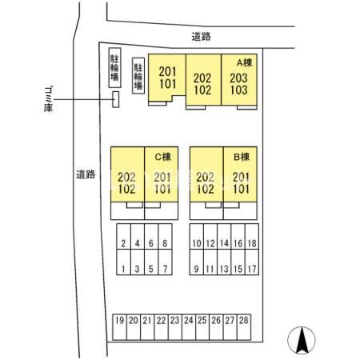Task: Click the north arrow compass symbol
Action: tap(302, 340)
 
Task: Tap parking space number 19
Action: tap(120, 327)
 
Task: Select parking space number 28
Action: tap(244, 327)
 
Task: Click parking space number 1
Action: tap(123, 262)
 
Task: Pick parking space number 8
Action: tap(165, 236)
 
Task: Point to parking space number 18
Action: tap(252, 236)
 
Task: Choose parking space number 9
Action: tap(197, 262)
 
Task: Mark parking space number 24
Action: tap(189, 327)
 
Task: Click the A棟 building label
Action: tap(245, 62)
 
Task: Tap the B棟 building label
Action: tap(242, 157)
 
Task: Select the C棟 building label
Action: tap(163, 157)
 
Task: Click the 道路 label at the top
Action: tap(202, 37)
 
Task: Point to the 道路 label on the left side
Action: tap(86, 174)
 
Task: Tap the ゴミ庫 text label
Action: tap(48, 99)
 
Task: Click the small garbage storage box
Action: tap(116, 99)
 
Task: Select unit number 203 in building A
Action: tap(238, 78)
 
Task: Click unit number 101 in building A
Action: tap(168, 84)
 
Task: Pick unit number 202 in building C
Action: tap(126, 178)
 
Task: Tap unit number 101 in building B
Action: tap(241, 189)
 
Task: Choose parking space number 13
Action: tap(224, 262)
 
